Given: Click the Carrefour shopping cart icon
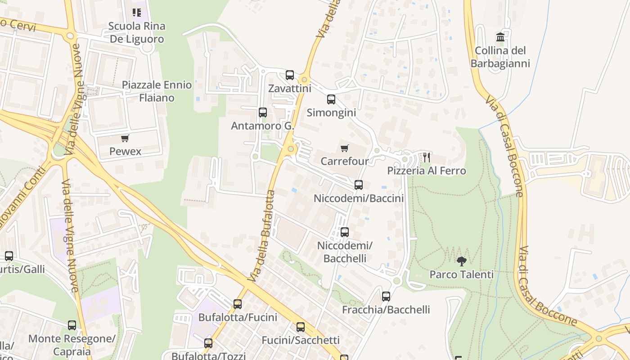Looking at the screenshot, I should pyautogui.click(x=345, y=148).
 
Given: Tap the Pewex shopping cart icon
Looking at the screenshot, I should pyautogui.click(x=125, y=139).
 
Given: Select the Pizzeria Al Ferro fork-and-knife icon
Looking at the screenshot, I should pyautogui.click(x=427, y=157).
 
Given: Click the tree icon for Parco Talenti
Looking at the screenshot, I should pyautogui.click(x=461, y=261).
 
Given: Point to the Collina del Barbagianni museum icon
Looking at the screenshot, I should pyautogui.click(x=500, y=37).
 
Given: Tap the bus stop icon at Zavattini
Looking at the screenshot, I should pyautogui.click(x=290, y=75).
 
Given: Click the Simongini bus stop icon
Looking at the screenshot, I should pyautogui.click(x=331, y=99).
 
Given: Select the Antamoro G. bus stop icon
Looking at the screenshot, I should pyautogui.click(x=263, y=112).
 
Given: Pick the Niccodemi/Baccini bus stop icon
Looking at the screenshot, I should pyautogui.click(x=359, y=185).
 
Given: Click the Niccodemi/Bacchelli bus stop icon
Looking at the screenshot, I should pyautogui.click(x=345, y=232).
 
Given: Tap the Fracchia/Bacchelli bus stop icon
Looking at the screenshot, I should pyautogui.click(x=386, y=297).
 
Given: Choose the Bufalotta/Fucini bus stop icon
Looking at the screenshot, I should pyautogui.click(x=238, y=304).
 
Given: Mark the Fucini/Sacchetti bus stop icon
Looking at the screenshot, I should pyautogui.click(x=301, y=327).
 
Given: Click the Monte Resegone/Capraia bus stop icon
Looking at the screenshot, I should pyautogui.click(x=72, y=325).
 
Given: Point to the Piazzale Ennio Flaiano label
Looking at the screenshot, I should pyautogui.click(x=157, y=91).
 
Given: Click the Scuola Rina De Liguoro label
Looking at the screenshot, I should pyautogui.click(x=137, y=32).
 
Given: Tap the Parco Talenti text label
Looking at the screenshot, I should pyautogui.click(x=461, y=274).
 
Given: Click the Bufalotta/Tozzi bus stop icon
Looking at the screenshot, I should pyautogui.click(x=208, y=343).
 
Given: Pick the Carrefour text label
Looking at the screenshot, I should pyautogui.click(x=345, y=161).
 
